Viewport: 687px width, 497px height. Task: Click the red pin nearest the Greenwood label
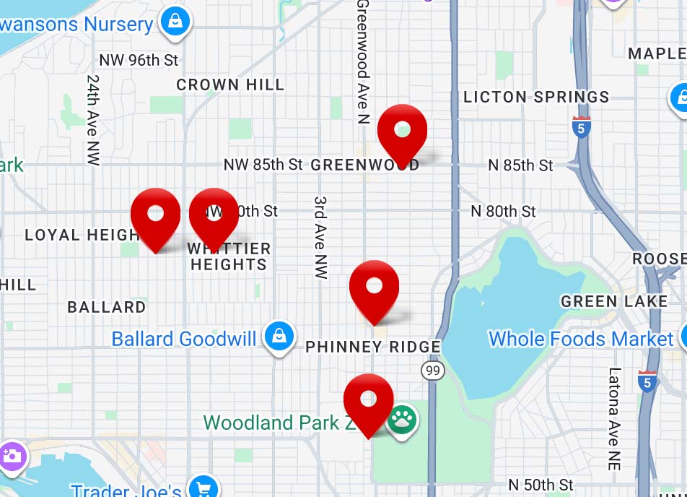click(403, 132)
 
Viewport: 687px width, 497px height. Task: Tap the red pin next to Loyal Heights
click(155, 215)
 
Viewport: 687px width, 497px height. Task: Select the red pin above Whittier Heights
click(214, 215)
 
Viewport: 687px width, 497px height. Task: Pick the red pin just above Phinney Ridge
click(374, 288)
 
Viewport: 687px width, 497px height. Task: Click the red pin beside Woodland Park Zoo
click(368, 401)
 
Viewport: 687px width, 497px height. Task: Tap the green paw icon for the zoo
click(401, 420)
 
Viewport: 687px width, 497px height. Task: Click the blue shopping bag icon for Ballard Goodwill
click(278, 337)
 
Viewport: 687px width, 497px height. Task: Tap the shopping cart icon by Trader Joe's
click(204, 488)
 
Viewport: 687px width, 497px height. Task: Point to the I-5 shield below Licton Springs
click(581, 127)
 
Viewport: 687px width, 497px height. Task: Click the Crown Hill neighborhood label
click(230, 85)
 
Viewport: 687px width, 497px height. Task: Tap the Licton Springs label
click(536, 97)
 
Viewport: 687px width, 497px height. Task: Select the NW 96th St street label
click(139, 60)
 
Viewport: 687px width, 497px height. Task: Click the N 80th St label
click(503, 211)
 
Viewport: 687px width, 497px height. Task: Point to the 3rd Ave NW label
click(321, 237)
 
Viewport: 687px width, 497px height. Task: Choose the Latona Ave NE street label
click(614, 419)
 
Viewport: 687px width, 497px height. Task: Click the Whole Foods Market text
click(580, 338)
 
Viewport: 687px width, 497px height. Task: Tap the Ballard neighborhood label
click(107, 307)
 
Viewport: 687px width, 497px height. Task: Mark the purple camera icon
click(12, 456)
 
